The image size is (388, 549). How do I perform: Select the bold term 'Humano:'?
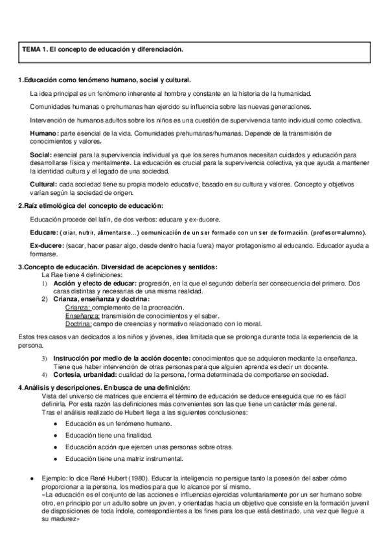(44, 133)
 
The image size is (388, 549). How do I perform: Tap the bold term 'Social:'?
(42, 155)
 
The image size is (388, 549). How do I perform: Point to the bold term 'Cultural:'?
(45, 185)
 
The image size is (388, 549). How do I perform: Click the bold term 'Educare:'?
(44, 232)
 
